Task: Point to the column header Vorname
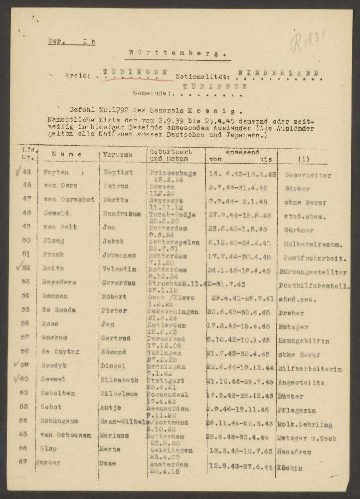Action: coord(117,155)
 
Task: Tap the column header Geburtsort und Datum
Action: coord(170,155)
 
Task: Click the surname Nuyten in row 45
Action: coord(56,173)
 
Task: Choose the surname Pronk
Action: coord(54,254)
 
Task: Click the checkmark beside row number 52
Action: coord(19,267)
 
